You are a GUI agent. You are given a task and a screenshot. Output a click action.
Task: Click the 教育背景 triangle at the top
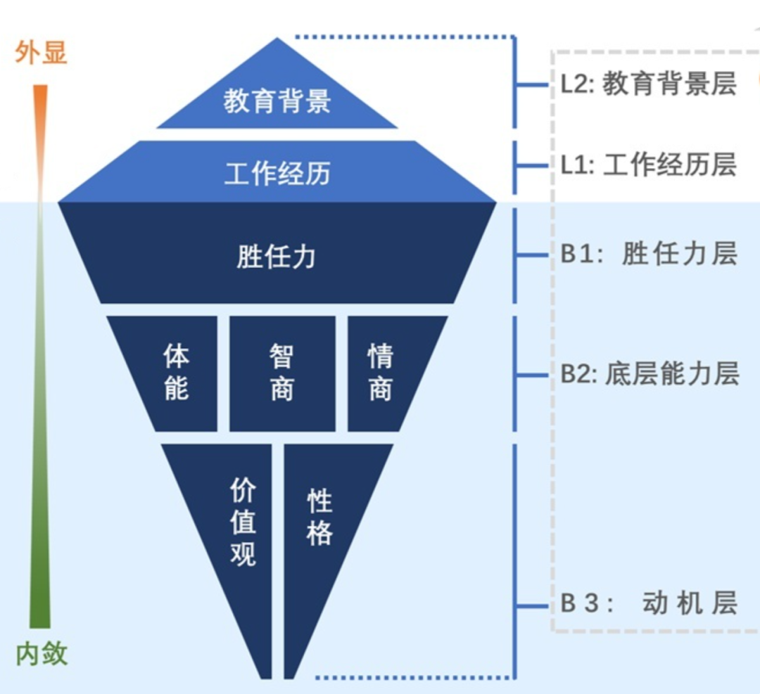pos(277,99)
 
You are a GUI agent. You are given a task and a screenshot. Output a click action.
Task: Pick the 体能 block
pos(176,373)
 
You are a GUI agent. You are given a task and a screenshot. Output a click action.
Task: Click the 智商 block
pos(281,373)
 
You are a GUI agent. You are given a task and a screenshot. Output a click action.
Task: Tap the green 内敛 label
pos(42,654)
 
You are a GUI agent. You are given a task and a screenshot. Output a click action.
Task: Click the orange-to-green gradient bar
pos(40,352)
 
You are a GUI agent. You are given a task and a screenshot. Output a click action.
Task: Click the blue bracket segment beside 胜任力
pos(516,255)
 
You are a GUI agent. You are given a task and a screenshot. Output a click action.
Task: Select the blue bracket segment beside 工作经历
pos(516,167)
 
